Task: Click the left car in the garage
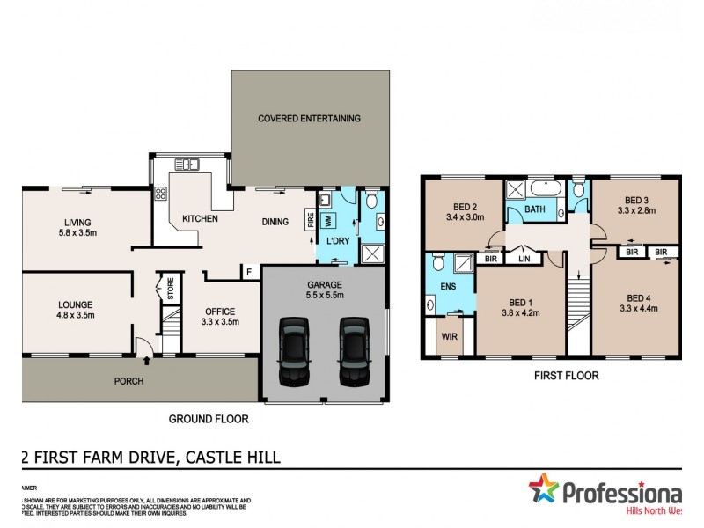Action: tap(293, 351)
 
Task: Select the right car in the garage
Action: tap(354, 351)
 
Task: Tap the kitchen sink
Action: tap(187, 164)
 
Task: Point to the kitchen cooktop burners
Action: tap(162, 195)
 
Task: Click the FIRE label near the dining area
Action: tap(310, 219)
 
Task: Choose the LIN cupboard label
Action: tap(525, 259)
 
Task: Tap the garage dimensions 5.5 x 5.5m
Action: tap(325, 297)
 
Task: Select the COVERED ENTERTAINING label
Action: tap(309, 118)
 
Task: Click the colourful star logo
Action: tap(544, 489)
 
